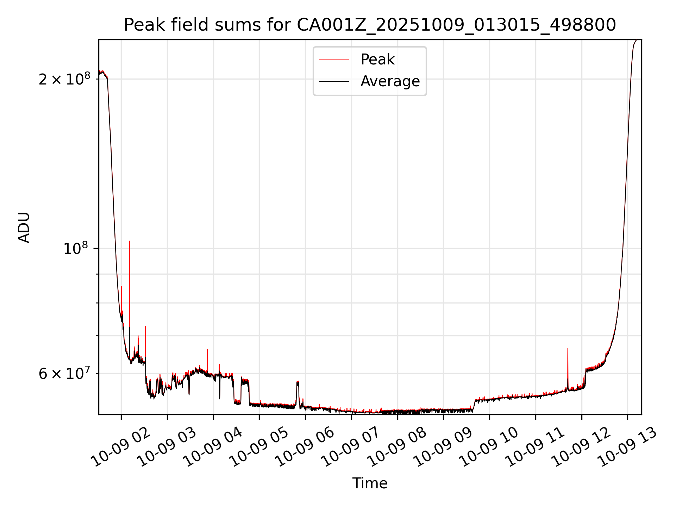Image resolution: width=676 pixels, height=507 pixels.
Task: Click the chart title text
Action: tap(370, 25)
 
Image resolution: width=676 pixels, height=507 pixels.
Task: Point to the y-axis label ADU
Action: tap(24, 227)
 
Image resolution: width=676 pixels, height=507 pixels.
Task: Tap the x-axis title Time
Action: tap(370, 483)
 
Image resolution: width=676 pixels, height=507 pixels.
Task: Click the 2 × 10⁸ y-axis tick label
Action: tap(64, 79)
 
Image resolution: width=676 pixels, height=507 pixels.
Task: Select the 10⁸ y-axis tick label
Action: tap(76, 249)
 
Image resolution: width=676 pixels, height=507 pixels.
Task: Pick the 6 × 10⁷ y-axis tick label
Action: tap(64, 374)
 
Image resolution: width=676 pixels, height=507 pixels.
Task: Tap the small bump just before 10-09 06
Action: tap(298, 384)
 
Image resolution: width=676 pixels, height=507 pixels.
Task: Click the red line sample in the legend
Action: tap(334, 60)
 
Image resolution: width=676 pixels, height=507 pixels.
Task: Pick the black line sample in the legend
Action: tap(334, 81)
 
